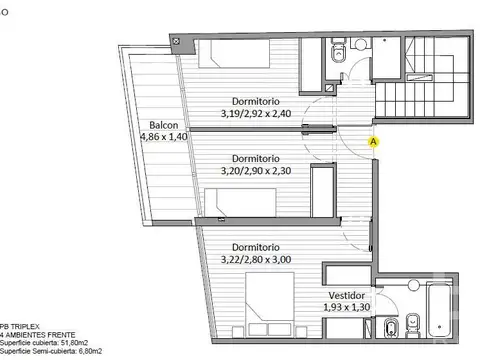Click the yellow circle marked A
click(374, 142)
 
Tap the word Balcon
click(164, 125)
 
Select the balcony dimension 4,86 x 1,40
click(164, 137)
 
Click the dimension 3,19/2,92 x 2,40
click(255, 115)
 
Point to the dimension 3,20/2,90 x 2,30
click(255, 171)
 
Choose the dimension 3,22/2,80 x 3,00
click(255, 259)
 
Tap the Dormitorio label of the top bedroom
click(255, 103)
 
